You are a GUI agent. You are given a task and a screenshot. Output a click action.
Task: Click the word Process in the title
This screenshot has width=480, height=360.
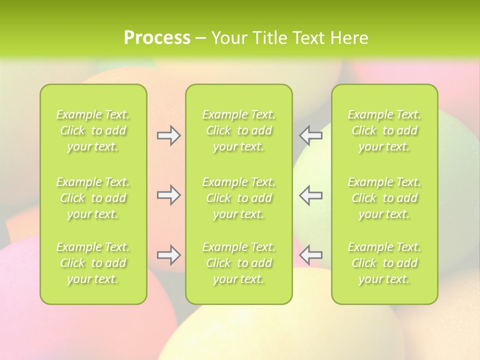(x=157, y=38)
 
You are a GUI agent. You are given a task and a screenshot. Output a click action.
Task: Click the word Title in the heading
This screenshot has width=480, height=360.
(x=269, y=38)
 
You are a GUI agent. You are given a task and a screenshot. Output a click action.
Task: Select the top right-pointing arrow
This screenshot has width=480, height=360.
(x=168, y=135)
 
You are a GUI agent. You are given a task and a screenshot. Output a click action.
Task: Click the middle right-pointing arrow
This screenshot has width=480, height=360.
(x=168, y=195)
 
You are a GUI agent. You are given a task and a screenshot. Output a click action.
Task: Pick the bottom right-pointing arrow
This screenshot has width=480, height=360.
(x=168, y=255)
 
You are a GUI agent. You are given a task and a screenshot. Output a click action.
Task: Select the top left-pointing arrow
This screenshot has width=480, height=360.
(x=311, y=135)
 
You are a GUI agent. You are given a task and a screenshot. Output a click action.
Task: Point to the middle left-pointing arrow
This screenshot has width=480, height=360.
(x=311, y=195)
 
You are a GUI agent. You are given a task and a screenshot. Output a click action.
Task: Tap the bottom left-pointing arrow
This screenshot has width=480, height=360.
(x=311, y=255)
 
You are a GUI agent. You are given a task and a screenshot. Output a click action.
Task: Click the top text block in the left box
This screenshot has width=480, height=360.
(x=93, y=130)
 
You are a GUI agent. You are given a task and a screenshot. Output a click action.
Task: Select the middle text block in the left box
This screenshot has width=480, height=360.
(x=93, y=198)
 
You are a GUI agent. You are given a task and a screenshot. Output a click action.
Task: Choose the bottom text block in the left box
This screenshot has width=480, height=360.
(x=93, y=263)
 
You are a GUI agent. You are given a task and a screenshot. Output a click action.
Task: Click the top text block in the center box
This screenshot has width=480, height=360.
(x=239, y=130)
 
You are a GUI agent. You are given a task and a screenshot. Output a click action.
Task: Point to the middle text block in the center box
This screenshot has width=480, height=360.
(x=239, y=198)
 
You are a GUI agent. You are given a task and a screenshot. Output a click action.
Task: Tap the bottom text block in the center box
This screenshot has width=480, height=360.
(x=239, y=263)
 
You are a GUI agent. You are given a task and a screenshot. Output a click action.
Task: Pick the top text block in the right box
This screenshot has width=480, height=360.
(x=384, y=130)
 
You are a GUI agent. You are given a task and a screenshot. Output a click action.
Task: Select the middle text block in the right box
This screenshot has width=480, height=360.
(x=384, y=198)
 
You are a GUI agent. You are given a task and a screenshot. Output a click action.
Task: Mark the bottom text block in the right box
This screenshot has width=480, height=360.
(x=384, y=263)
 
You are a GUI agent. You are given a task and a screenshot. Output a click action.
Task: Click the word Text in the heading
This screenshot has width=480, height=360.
(x=308, y=38)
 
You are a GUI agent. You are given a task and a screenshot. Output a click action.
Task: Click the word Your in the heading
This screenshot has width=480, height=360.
(x=229, y=38)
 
